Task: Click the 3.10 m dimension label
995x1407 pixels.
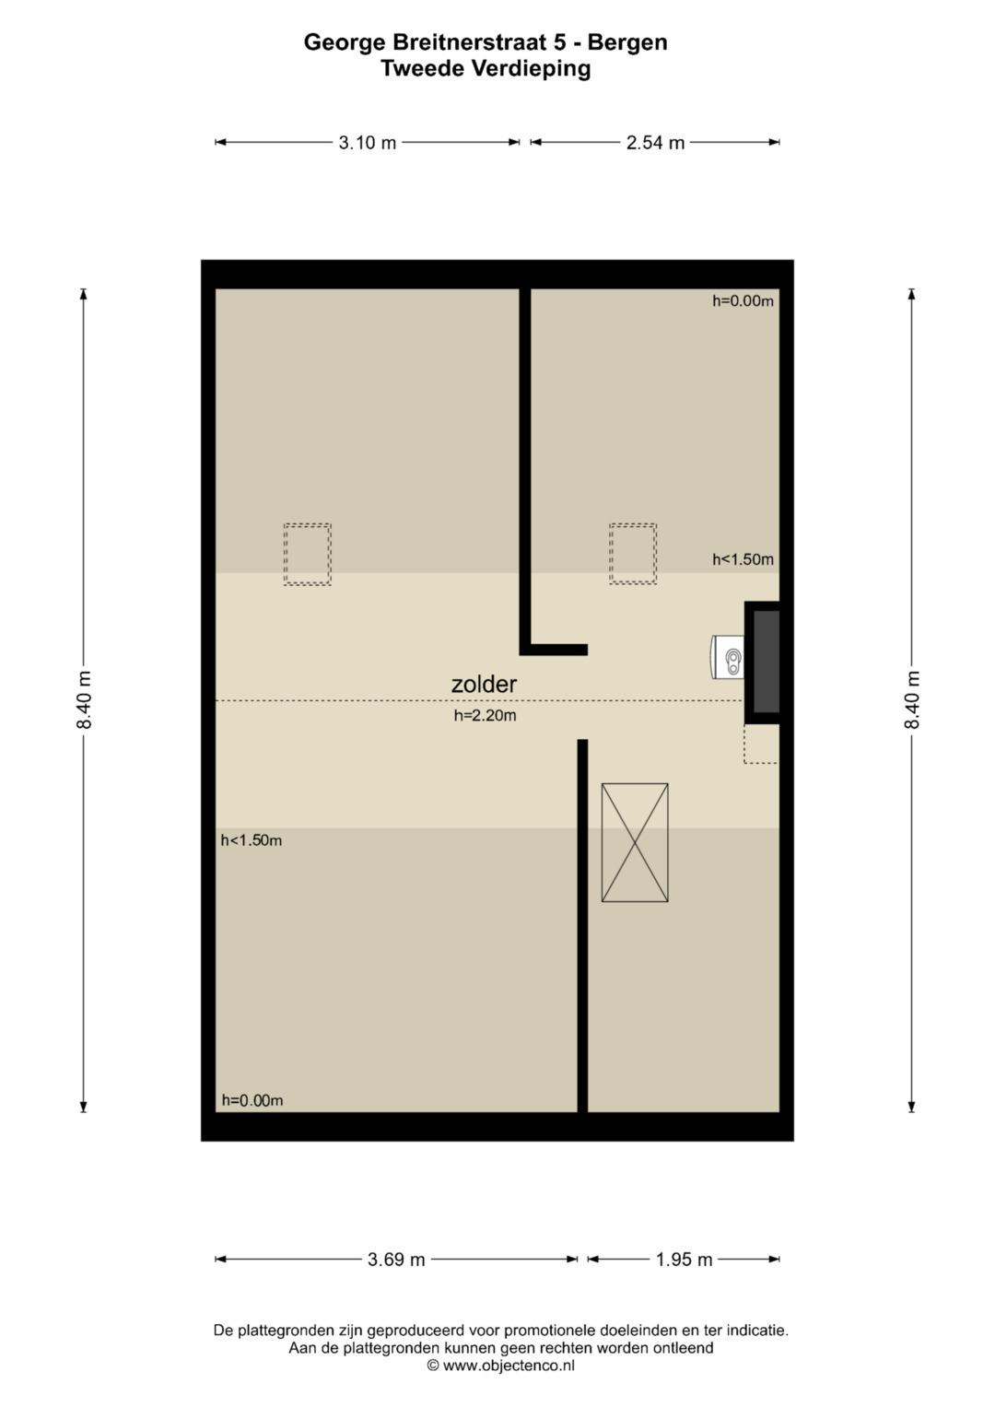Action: (x=368, y=143)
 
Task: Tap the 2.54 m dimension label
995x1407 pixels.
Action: (x=655, y=143)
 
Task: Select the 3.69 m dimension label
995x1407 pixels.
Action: (x=396, y=1260)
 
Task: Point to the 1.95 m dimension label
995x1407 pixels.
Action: (x=684, y=1260)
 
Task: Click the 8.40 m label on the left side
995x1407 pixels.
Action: (x=84, y=699)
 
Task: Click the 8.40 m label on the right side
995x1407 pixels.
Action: (x=912, y=699)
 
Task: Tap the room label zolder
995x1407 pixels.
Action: (x=484, y=684)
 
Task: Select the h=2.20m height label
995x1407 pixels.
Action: (x=485, y=715)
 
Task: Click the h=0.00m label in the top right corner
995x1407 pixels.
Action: (x=743, y=301)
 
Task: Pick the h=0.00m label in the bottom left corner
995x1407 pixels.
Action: (x=252, y=1100)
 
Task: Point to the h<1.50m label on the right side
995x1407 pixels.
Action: (x=743, y=559)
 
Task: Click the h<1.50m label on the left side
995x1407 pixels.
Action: (x=252, y=839)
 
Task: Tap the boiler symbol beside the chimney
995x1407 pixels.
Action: (x=728, y=657)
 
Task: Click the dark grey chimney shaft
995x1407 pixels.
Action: (x=767, y=662)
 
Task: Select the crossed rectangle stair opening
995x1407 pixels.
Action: (x=635, y=843)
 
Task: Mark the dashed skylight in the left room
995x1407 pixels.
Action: (x=307, y=554)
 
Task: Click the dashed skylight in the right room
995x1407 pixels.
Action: (x=633, y=554)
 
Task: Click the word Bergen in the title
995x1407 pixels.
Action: (x=627, y=42)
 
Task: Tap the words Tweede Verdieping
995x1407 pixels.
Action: (x=486, y=68)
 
